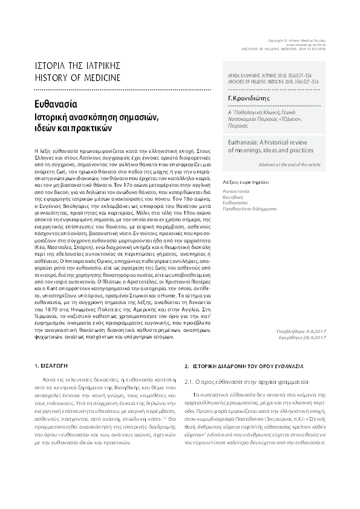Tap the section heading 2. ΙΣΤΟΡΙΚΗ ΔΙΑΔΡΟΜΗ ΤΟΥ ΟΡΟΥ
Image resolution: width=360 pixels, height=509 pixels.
[x=237, y=367]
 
